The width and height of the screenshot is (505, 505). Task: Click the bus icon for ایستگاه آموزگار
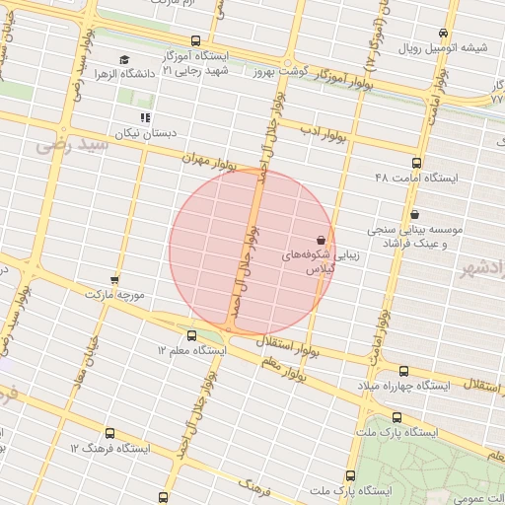click(195, 41)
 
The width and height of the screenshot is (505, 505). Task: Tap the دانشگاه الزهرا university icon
click(122, 60)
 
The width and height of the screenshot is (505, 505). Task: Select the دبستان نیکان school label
click(138, 131)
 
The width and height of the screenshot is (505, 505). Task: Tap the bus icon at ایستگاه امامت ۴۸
click(415, 163)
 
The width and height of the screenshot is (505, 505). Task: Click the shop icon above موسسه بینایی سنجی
click(414, 214)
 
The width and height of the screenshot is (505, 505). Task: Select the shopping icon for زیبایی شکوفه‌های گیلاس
click(321, 240)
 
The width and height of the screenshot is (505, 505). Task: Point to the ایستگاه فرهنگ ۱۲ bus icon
click(108, 432)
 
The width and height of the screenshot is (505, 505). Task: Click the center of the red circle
click(252, 252)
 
